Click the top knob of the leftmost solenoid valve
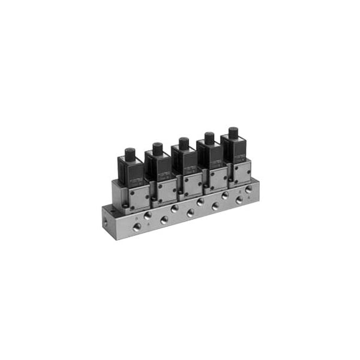[130, 153]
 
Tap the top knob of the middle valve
[184, 143]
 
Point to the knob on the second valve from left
[157, 148]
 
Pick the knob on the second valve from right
[209, 137]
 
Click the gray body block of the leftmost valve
[137, 196]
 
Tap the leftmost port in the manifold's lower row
[137, 227]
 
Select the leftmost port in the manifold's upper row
[148, 215]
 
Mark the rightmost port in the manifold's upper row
[248, 189]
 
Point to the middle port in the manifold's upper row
[200, 202]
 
